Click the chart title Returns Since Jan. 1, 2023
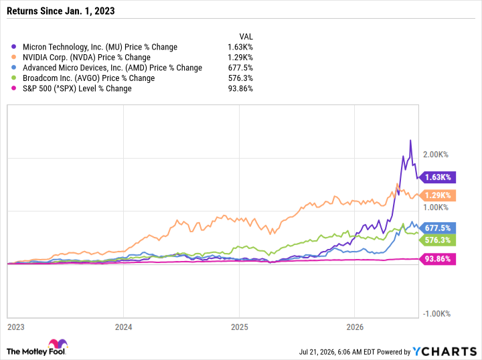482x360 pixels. (60, 11)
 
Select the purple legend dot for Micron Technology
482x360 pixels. (13, 47)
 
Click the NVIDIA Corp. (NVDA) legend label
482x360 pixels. (86, 58)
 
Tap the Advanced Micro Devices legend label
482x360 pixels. (112, 68)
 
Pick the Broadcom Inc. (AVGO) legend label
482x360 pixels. (89, 78)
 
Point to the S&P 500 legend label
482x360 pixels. (77, 88)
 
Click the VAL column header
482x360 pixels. (246, 37)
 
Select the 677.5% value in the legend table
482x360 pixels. (240, 68)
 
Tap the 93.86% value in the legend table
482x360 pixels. (240, 88)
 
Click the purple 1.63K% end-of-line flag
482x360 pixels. (438, 177)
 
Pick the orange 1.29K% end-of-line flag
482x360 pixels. (438, 195)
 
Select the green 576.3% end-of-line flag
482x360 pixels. (438, 240)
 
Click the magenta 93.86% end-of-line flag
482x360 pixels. (438, 259)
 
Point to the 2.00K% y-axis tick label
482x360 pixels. (436, 155)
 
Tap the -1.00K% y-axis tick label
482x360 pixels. (436, 314)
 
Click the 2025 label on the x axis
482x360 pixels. (240, 327)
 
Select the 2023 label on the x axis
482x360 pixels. (16, 327)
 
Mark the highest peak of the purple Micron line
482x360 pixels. (410, 141)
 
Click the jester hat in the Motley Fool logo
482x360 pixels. (58, 344)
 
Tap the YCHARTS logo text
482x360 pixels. (445, 351)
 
